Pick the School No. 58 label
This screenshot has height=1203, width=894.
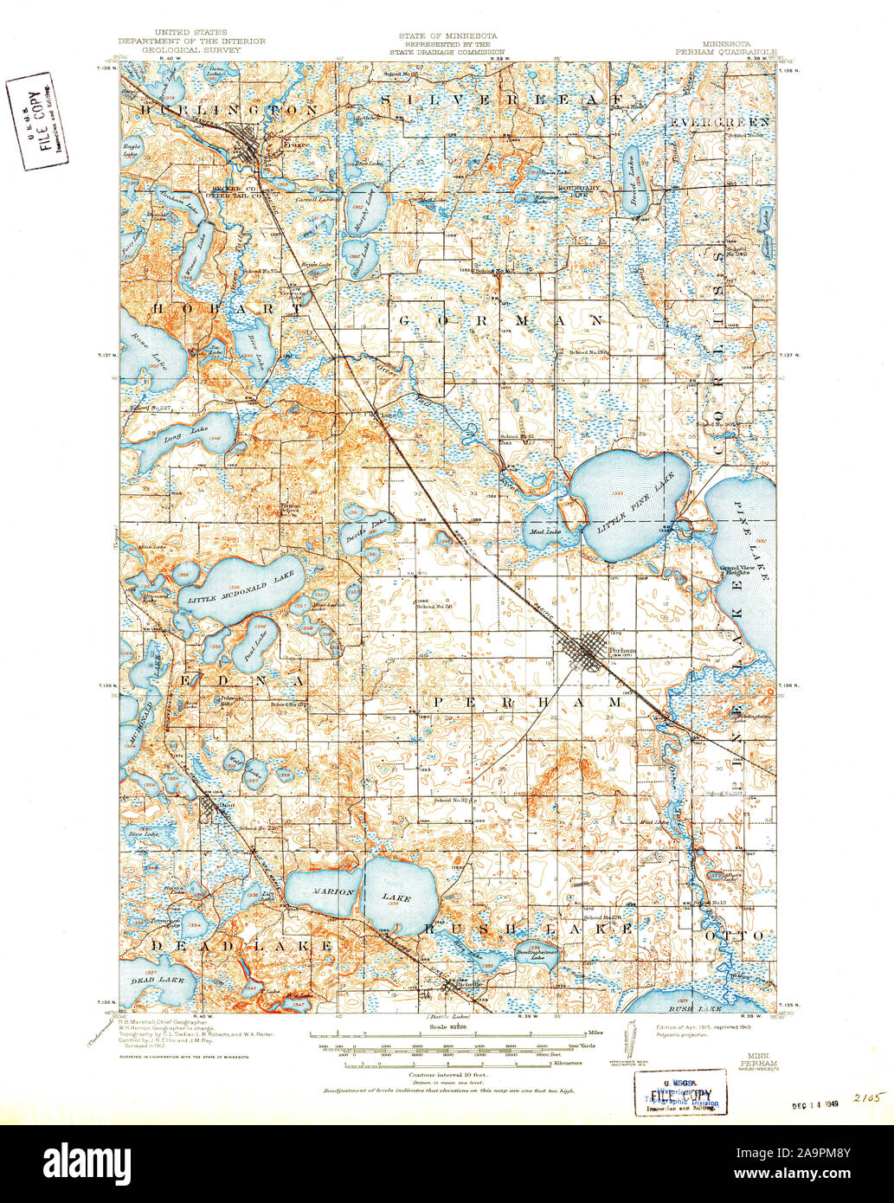tap(435, 607)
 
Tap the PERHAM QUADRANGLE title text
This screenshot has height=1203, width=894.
tap(727, 50)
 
